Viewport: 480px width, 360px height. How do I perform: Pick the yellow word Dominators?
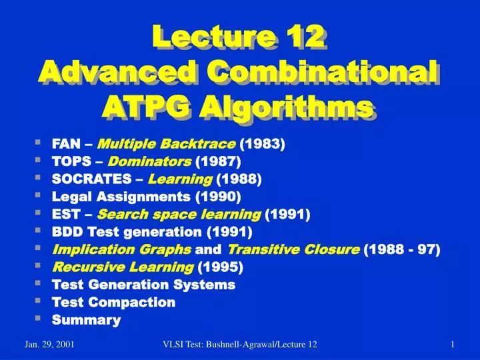pos(149,161)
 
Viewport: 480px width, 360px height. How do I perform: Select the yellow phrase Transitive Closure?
pos(294,249)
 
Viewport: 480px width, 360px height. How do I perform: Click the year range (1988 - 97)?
pos(403,249)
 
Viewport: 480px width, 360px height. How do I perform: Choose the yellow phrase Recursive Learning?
pos(123,267)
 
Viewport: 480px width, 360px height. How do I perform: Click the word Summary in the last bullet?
pos(86,321)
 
